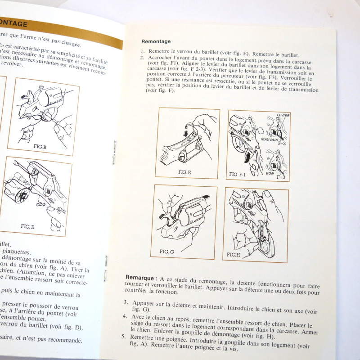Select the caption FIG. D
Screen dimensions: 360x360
[29, 226]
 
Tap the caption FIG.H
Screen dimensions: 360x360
[234, 255]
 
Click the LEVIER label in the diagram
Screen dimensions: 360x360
[283, 116]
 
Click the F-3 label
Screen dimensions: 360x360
[281, 177]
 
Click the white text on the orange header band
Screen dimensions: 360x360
[13, 24]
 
